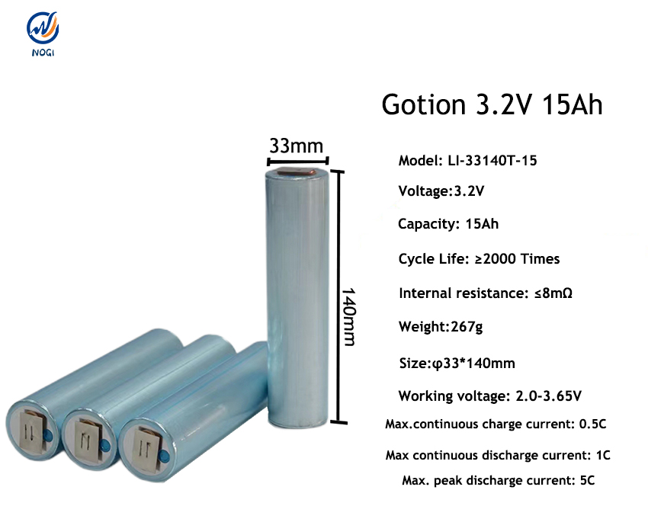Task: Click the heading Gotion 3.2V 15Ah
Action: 492,104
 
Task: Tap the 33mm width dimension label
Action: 296,145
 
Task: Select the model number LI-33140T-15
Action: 473,161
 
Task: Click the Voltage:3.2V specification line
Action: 441,191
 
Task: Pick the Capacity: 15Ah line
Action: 448,224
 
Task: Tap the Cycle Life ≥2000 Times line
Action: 479,259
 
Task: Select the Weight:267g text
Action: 440,327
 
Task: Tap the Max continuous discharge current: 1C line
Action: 497,456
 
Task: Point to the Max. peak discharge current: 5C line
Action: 497,481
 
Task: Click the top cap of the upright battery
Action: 297,173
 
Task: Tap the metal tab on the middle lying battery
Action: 91,440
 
